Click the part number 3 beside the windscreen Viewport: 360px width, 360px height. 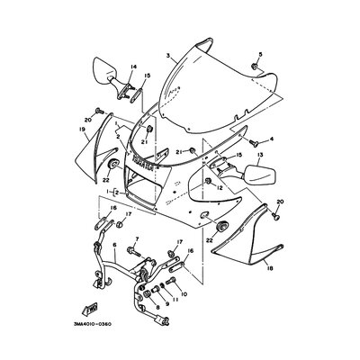167,57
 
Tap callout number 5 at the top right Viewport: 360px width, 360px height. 261,55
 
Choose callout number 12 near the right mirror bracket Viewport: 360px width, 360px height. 220,189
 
